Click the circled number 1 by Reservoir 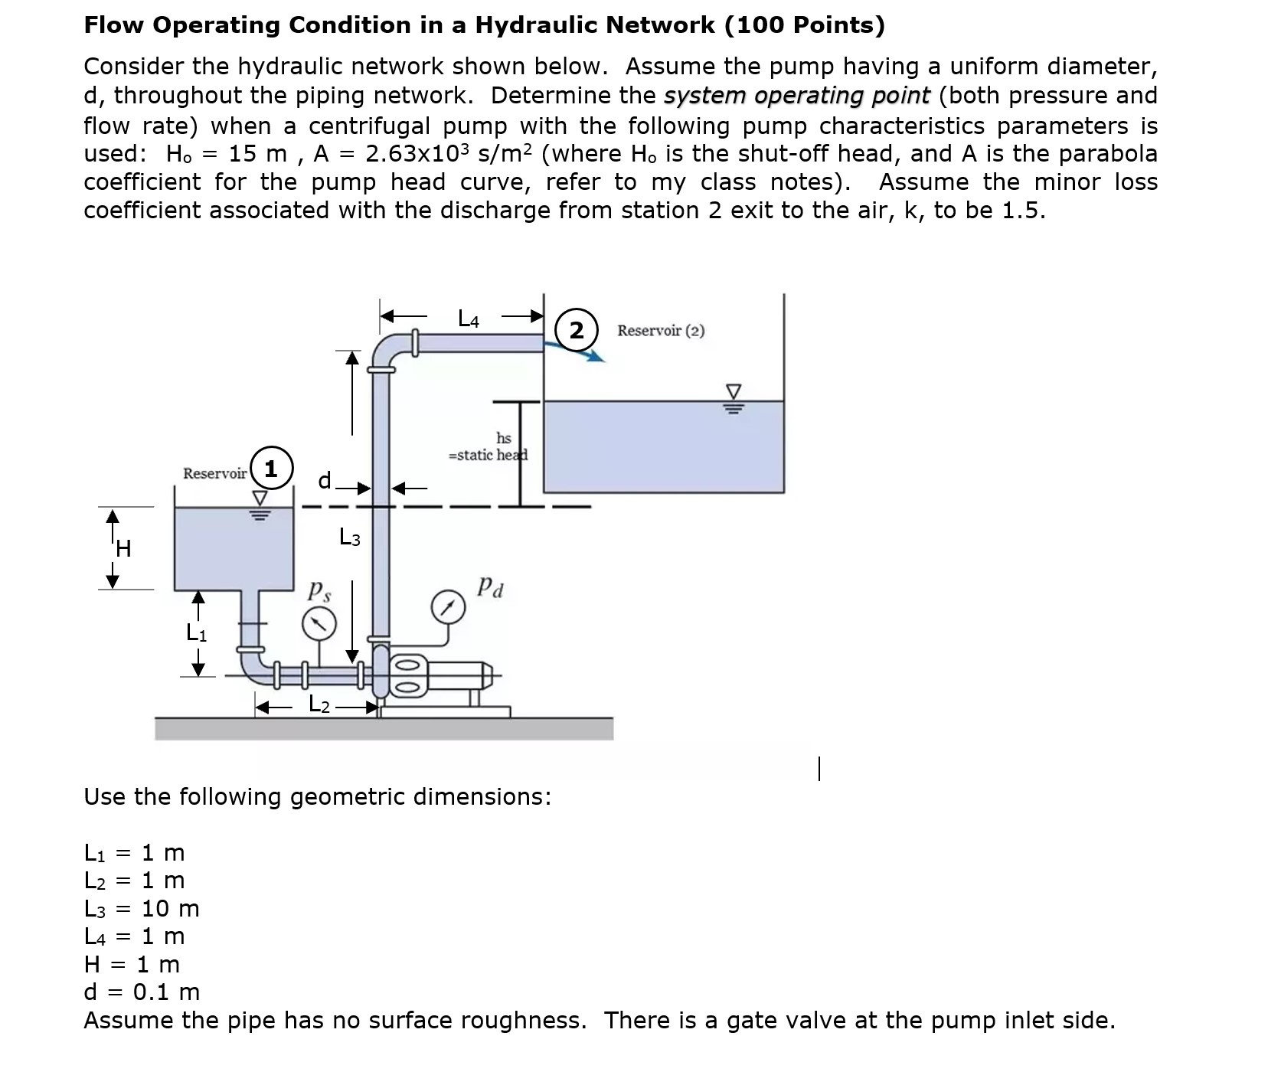[x=271, y=468]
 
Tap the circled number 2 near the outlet [x=576, y=331]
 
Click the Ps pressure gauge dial [x=319, y=624]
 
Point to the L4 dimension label [x=468, y=318]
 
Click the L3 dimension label [x=350, y=538]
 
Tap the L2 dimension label [x=319, y=704]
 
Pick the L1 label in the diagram [x=197, y=633]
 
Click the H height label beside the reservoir [x=123, y=549]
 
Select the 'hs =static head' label [x=489, y=446]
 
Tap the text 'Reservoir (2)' [x=661, y=331]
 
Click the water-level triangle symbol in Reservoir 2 [x=733, y=391]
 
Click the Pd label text [x=490, y=587]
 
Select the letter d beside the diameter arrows [x=325, y=481]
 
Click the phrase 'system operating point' [x=796, y=96]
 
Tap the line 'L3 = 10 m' [x=142, y=909]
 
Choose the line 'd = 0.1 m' [x=142, y=992]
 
